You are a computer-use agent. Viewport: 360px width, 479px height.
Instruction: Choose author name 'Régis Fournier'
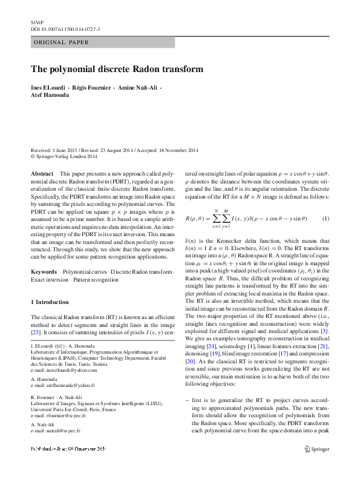tap(91, 88)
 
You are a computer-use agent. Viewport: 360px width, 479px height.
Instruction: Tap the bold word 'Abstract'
tap(42, 174)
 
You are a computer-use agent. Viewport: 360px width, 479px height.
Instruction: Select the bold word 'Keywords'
tap(44, 273)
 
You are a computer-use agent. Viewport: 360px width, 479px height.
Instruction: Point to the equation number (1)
tap(326, 219)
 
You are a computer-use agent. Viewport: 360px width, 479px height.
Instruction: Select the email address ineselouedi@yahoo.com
tap(63, 371)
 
